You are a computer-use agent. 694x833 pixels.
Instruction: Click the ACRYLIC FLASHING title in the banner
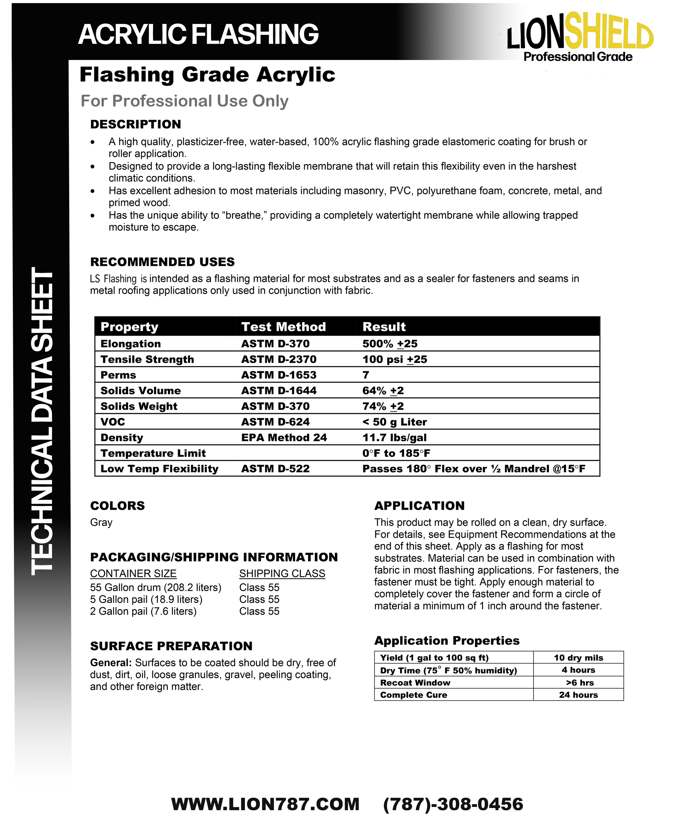(198, 34)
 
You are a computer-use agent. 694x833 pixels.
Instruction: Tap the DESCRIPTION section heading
(136, 124)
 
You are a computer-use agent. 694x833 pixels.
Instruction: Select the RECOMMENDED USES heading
(163, 262)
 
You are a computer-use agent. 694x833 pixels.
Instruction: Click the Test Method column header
(284, 326)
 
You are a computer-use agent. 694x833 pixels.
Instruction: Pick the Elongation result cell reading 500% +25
(390, 344)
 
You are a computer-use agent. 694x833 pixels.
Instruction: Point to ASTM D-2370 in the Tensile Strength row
(279, 359)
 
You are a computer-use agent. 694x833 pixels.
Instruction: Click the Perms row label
(118, 375)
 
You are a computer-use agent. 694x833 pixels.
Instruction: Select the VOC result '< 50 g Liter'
(394, 422)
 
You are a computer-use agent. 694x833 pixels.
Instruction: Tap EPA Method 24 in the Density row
(284, 437)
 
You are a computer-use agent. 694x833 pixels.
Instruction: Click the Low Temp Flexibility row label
(159, 469)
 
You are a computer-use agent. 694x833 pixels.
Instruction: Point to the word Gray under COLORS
(101, 522)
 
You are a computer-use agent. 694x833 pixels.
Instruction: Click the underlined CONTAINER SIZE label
(133, 574)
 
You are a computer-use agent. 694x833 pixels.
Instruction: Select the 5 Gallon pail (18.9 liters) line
(146, 599)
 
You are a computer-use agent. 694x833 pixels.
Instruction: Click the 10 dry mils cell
(578, 658)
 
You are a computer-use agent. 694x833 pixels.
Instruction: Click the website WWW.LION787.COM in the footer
(265, 804)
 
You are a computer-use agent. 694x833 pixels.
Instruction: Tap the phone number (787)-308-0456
(453, 804)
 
